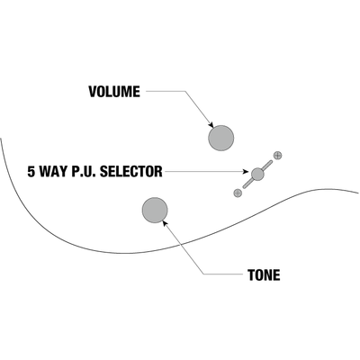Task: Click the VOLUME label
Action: (x=114, y=92)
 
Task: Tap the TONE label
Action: (x=264, y=274)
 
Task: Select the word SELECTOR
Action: (x=131, y=172)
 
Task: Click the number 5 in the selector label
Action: (x=31, y=172)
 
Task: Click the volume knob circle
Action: (x=220, y=138)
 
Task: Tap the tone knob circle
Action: (x=155, y=210)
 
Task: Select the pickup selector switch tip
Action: (x=257, y=174)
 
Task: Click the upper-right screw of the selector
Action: (x=278, y=155)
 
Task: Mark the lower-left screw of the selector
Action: (x=238, y=193)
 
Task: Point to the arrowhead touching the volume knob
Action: (x=211, y=125)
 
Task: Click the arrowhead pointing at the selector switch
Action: (x=246, y=172)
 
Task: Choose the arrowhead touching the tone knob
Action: (x=165, y=223)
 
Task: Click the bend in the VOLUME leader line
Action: (x=185, y=91)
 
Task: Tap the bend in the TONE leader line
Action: (x=203, y=274)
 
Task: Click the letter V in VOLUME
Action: (x=93, y=92)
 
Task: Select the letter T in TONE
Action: (x=251, y=274)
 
